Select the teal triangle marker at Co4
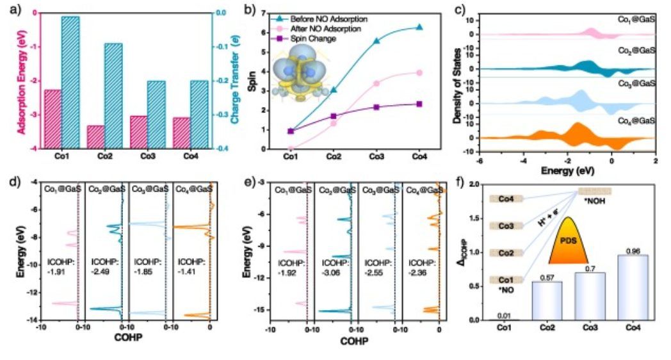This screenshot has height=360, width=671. [419, 27]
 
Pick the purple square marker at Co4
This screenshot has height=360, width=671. [419, 104]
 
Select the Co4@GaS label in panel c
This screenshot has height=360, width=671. [635, 120]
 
